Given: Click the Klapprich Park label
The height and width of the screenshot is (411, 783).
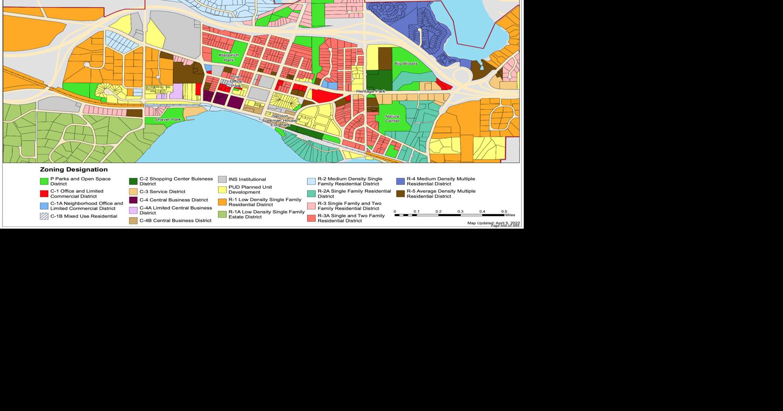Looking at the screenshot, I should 229,58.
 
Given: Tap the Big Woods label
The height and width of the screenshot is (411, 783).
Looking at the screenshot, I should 406,64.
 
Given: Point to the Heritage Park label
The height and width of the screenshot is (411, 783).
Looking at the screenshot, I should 371,91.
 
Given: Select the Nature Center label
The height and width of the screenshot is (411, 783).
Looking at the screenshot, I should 392,119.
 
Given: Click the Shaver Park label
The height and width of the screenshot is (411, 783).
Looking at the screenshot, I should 168,120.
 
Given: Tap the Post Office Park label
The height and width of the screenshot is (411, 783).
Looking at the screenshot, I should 236,82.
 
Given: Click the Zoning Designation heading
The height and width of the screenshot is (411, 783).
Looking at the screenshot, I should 74,170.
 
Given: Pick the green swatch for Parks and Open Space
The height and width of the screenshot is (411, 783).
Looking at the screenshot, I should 44,182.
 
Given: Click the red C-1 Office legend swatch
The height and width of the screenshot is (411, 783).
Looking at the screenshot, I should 44,194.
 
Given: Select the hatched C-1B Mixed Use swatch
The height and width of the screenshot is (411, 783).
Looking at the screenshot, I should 44,216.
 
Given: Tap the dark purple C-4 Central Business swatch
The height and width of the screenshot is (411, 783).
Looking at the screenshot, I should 133,200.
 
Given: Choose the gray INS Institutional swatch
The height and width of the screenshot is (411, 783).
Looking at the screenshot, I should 222,179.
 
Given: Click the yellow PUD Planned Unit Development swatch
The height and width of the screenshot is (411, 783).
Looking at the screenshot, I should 222,190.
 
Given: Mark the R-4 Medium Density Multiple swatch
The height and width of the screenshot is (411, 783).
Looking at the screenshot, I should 400,182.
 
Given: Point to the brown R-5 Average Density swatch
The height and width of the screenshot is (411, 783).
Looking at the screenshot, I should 400,194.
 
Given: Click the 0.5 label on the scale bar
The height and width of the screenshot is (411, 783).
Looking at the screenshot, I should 504,212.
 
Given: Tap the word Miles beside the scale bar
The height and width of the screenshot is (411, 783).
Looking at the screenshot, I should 510,215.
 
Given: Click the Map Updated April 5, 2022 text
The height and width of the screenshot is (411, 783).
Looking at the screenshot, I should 493,223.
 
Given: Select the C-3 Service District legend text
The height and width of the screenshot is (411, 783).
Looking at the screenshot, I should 162,192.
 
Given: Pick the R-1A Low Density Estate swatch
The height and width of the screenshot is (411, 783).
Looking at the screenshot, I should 222,214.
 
